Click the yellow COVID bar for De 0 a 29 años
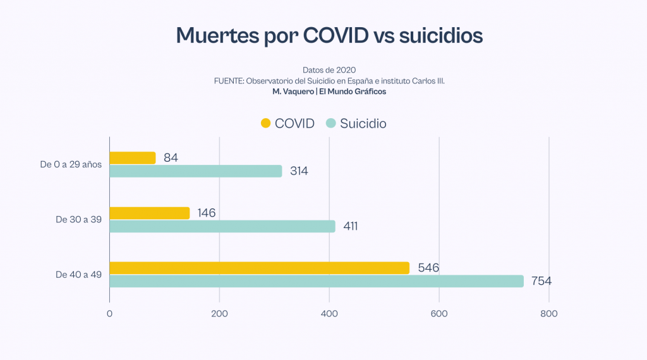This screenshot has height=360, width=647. (x=132, y=158)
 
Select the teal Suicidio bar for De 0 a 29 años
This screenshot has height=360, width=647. (x=195, y=171)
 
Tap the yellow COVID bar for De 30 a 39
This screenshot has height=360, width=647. (x=149, y=213)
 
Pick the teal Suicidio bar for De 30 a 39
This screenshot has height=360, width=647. (x=222, y=226)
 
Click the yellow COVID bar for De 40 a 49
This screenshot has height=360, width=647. (x=259, y=268)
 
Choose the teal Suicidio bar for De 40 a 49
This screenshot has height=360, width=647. (x=316, y=281)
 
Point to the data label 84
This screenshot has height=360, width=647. (x=171, y=158)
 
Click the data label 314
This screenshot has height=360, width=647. (x=299, y=171)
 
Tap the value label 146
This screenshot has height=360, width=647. (x=206, y=213)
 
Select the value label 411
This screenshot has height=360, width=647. (x=351, y=226)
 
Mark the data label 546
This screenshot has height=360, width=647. (x=428, y=268)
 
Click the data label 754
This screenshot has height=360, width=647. (x=541, y=281)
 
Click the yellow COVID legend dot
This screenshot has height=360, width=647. (x=265, y=124)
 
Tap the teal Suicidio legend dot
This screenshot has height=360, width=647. (x=330, y=124)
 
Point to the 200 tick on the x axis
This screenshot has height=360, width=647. (x=219, y=314)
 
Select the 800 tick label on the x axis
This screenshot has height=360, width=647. (x=548, y=314)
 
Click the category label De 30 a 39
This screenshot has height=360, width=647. (x=78, y=220)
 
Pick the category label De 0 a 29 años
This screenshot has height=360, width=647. (x=70, y=165)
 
